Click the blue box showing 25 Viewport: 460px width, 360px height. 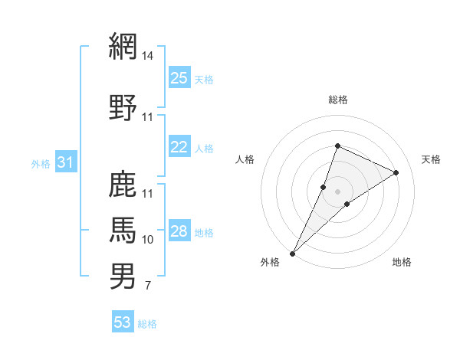coord(179,78)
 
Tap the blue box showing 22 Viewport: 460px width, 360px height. coord(179,147)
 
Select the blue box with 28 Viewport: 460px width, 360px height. coord(179,231)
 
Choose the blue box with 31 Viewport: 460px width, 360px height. coord(65,162)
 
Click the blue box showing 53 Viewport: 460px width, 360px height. coord(123,322)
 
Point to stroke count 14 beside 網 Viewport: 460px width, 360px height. coord(148,56)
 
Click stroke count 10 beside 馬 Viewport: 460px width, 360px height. coord(148,240)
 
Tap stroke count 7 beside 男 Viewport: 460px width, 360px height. coord(147,286)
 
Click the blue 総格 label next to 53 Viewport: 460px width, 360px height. coord(147,324)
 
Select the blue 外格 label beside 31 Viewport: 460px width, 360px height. coord(41,163)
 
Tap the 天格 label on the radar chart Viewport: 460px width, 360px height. coord(431,159)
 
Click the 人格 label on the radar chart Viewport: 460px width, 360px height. coord(245,159)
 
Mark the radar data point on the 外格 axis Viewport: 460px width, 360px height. coord(292,253)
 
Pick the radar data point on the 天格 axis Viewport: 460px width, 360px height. coord(396,172)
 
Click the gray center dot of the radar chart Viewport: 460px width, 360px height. coord(337,191)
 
